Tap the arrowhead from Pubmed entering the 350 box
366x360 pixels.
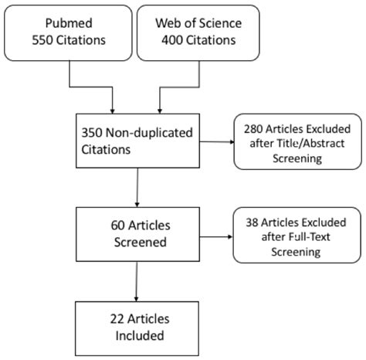(113, 108)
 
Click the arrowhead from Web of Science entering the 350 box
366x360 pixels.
(160, 108)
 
